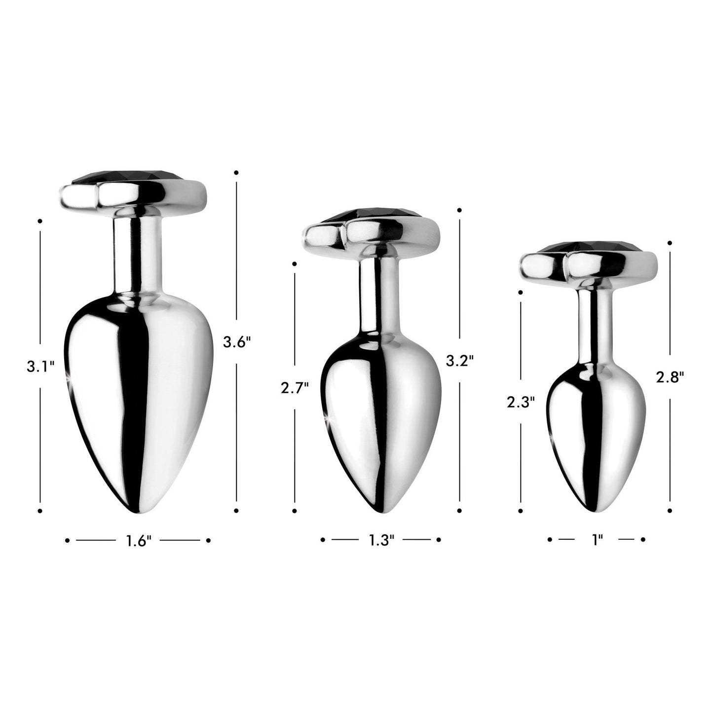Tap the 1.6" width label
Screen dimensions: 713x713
(x=138, y=541)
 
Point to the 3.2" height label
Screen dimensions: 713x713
(x=459, y=361)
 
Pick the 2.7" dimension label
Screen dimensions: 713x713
(x=295, y=388)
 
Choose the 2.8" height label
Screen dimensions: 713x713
(x=670, y=377)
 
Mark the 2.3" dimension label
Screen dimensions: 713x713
(x=521, y=403)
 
